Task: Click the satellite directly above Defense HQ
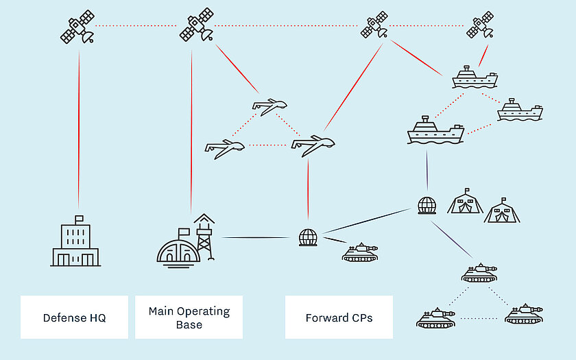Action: (x=77, y=27)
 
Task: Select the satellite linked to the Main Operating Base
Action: (x=197, y=27)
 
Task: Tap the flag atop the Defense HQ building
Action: (x=79, y=219)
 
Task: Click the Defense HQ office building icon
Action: (x=75, y=243)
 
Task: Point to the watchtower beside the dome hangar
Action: (x=204, y=237)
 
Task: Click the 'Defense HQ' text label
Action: (x=74, y=317)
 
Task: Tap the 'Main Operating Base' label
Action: (x=189, y=317)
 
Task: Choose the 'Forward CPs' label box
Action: (x=339, y=317)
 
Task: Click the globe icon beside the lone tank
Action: (x=308, y=237)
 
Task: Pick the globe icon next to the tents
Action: (x=427, y=205)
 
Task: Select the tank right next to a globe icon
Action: (x=359, y=252)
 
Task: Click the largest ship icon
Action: (x=435, y=130)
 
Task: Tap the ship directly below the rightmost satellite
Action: (x=475, y=77)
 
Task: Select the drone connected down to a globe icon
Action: (x=313, y=145)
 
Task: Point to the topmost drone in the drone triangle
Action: (x=269, y=106)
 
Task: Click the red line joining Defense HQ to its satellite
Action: (x=78, y=130)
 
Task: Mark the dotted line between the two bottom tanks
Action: (x=479, y=319)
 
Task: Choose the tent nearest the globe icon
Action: (x=466, y=201)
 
